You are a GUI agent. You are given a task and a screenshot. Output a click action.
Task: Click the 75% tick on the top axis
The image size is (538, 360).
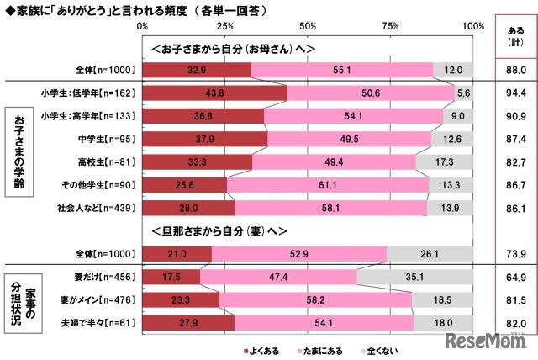[390, 26]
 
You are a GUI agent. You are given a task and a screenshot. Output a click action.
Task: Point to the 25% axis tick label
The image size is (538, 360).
[224, 26]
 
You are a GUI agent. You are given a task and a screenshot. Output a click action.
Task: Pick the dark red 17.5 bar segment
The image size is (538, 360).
[171, 274]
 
